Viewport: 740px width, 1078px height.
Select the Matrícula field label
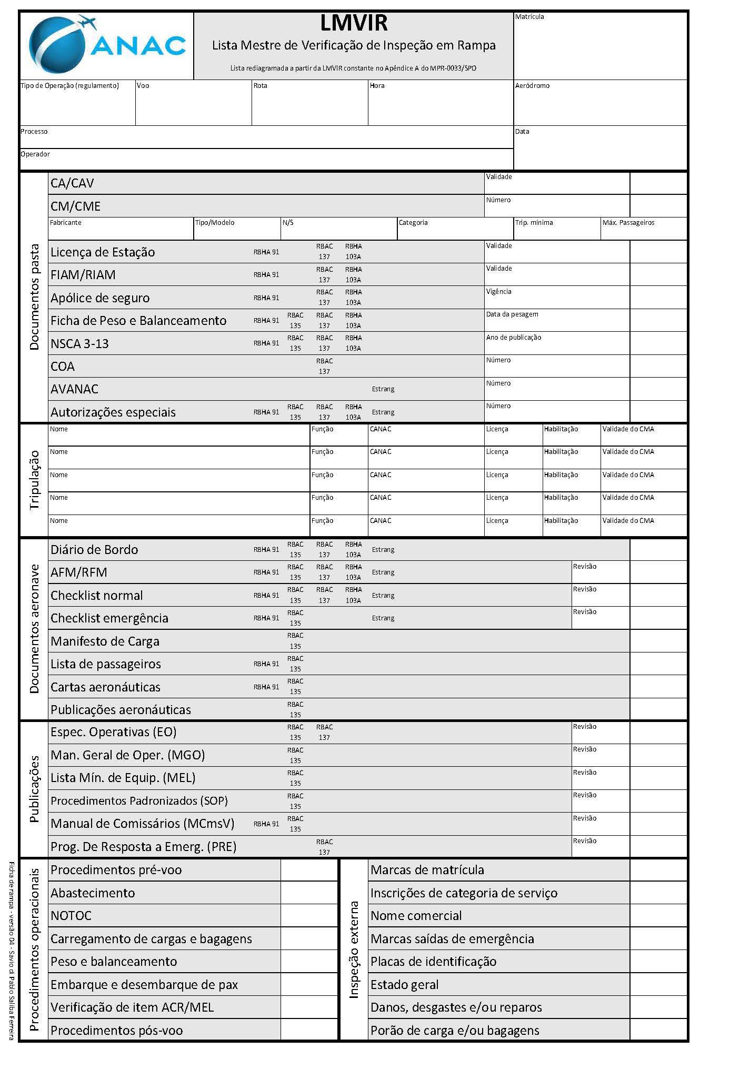[529, 17]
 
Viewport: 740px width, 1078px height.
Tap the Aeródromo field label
[532, 86]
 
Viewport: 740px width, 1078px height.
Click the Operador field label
[35, 154]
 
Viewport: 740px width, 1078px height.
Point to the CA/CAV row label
[72, 183]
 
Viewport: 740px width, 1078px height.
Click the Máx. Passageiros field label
[628, 223]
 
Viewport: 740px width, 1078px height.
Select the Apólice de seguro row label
[100, 298]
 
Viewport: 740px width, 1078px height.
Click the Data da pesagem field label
[512, 314]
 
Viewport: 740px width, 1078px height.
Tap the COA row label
[63, 367]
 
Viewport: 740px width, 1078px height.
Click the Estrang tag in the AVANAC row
[383, 389]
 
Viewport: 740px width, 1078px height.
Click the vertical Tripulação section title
[34, 480]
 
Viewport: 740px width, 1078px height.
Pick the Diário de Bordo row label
[94, 550]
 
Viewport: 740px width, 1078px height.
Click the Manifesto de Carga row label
[105, 641]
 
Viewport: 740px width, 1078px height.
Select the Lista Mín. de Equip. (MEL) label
[123, 778]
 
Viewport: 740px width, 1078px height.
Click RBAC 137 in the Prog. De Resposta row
[324, 847]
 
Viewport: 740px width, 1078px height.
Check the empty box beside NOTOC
[308, 916]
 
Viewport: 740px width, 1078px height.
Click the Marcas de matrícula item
[427, 870]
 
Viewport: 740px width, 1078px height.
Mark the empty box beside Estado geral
[658, 984]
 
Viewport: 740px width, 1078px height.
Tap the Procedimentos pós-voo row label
[116, 1030]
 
